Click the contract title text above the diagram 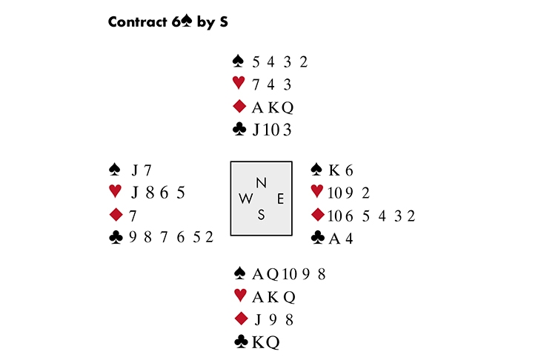pos(167,21)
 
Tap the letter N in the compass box pos(261,182)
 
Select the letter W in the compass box pos(247,199)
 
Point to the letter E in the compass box pos(279,199)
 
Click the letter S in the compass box pos(261,215)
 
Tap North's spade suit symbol pos(238,61)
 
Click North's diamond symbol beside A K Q pos(238,107)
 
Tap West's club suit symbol pos(114,237)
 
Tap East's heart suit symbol pos(317,192)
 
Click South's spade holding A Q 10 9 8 pos(289,274)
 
